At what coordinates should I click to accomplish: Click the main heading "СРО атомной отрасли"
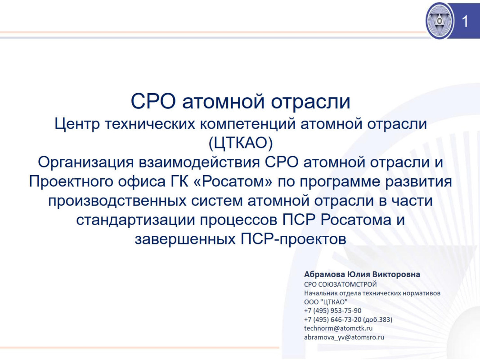pos(240,101)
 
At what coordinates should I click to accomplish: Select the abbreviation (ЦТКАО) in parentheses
pos(240,143)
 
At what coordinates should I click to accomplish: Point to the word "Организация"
pos(86,162)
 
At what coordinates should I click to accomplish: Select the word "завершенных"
pos(185,239)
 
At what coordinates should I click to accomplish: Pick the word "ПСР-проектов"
pos(293,239)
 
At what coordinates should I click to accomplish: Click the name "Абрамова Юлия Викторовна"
pos(362,274)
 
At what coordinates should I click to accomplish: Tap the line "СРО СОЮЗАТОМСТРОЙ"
pos(340,284)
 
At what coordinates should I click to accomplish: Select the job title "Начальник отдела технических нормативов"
pos(372,293)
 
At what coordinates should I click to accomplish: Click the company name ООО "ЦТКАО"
pos(326,301)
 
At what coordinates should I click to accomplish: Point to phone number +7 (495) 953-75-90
pos(332,310)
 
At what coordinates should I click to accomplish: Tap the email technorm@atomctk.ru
pos(338,328)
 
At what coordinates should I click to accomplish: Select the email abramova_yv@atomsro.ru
pos(344,337)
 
